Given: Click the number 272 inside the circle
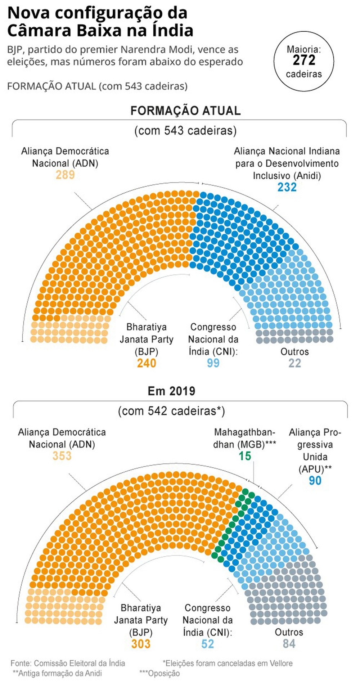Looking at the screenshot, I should (304, 60).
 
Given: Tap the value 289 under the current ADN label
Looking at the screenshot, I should (65, 175).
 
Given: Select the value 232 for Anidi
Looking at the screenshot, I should (287, 187).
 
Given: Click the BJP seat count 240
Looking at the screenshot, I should (147, 363).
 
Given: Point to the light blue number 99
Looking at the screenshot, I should (213, 363).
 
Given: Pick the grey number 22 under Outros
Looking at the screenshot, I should (294, 363).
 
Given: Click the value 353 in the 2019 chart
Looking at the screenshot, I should (62, 456).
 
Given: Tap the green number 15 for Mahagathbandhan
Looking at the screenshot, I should (244, 456).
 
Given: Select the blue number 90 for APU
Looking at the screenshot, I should (315, 481).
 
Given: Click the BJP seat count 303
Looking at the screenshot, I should (141, 644).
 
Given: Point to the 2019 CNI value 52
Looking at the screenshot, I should (207, 644).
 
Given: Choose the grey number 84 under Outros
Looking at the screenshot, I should (289, 644).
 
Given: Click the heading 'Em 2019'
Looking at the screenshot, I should (171, 391).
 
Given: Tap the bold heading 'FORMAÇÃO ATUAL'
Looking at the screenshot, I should (185, 111).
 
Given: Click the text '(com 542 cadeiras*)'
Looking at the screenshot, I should (171, 411).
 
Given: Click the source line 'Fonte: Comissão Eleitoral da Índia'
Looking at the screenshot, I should (68, 663).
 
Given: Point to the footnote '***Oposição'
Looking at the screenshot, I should (159, 673).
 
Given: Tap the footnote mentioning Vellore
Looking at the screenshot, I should (228, 663).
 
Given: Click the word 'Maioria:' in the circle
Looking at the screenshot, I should (303, 49).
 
